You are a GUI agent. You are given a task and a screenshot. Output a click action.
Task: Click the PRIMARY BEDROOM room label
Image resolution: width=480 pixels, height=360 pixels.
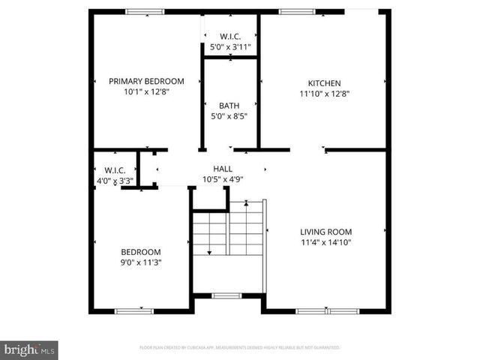pyautogui.click(x=146, y=81)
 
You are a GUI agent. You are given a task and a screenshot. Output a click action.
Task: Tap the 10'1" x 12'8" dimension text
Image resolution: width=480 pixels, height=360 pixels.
pyautogui.click(x=146, y=94)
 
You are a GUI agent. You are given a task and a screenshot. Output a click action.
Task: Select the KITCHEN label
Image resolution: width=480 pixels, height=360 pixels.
pyautogui.click(x=324, y=82)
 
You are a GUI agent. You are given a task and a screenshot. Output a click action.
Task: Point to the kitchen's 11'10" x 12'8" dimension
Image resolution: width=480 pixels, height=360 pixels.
pyautogui.click(x=324, y=94)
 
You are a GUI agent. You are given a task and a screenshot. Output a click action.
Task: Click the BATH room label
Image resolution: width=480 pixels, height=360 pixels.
pyautogui.click(x=229, y=106)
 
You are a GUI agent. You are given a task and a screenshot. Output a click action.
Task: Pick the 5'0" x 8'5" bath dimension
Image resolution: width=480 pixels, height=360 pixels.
pyautogui.click(x=229, y=116)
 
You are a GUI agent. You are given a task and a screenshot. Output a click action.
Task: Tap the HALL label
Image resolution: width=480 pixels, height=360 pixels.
pyautogui.click(x=223, y=169)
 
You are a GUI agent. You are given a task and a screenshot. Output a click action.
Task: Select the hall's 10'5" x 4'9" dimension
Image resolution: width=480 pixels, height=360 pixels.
pyautogui.click(x=223, y=179)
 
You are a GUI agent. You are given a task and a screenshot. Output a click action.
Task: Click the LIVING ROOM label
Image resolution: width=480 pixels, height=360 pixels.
pyautogui.click(x=325, y=232)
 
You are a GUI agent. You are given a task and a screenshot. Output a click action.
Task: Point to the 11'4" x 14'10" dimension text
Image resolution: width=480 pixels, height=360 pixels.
pyautogui.click(x=325, y=243)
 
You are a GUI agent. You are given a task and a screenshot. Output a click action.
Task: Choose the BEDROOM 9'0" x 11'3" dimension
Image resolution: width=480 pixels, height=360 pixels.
pyautogui.click(x=142, y=262)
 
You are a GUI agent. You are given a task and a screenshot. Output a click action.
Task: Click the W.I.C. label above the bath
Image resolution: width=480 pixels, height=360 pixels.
pyautogui.click(x=229, y=36)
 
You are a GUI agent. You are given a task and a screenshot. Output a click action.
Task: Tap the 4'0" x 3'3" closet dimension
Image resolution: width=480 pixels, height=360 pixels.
pyautogui.click(x=115, y=181)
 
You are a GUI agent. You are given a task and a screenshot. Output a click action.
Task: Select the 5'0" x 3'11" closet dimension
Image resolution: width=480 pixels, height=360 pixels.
pyautogui.click(x=229, y=46)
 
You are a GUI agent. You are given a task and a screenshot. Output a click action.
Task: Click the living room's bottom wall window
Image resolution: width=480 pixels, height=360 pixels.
pyautogui.click(x=325, y=310)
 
